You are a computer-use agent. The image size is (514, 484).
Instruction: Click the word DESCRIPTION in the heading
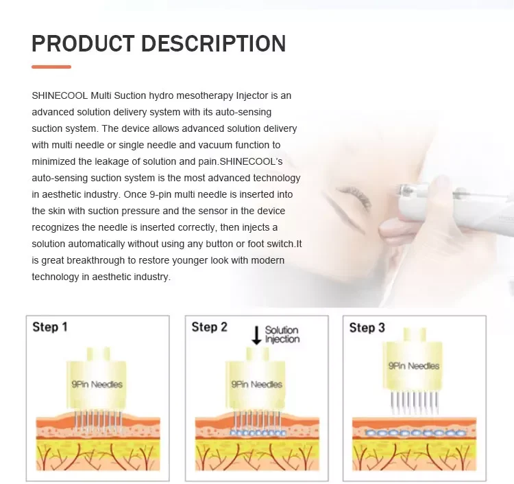[214, 43]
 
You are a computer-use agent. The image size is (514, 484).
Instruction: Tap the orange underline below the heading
[51, 67]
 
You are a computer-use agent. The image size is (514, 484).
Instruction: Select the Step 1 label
[50, 327]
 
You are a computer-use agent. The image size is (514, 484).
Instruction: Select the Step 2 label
[209, 327]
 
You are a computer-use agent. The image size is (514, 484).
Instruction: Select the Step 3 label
[367, 327]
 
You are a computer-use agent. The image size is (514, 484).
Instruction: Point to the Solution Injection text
[282, 335]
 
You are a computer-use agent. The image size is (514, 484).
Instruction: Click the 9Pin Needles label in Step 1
[97, 384]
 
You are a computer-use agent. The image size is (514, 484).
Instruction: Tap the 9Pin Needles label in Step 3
[414, 366]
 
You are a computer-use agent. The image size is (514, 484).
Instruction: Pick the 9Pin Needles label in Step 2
[256, 384]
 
